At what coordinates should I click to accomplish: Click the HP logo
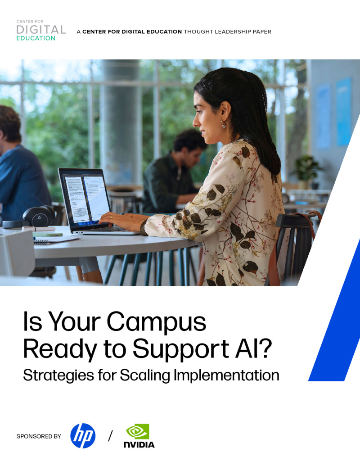tap(83, 436)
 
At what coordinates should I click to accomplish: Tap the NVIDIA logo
tap(139, 436)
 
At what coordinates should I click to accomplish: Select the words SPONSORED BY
tap(39, 436)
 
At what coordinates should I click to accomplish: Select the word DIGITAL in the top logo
tap(41, 30)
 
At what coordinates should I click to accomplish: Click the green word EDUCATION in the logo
tap(36, 38)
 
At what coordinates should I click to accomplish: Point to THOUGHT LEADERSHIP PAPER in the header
tap(227, 32)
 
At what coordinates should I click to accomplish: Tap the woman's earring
tap(224, 124)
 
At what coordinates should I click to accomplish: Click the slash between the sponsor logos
tap(110, 436)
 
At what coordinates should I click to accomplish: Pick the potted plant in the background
tap(306, 169)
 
